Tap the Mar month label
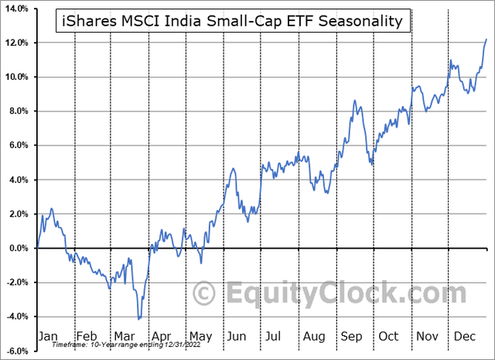tap(125, 337)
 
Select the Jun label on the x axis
tap(237, 337)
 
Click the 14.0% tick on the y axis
tap(18, 9)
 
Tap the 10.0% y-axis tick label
tap(18, 77)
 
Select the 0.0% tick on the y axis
tap(19, 249)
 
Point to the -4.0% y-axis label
tap(18, 317)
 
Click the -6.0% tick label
tap(18, 351)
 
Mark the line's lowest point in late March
tap(138, 318)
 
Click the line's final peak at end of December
tap(486, 39)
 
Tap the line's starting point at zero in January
tap(36, 248)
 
